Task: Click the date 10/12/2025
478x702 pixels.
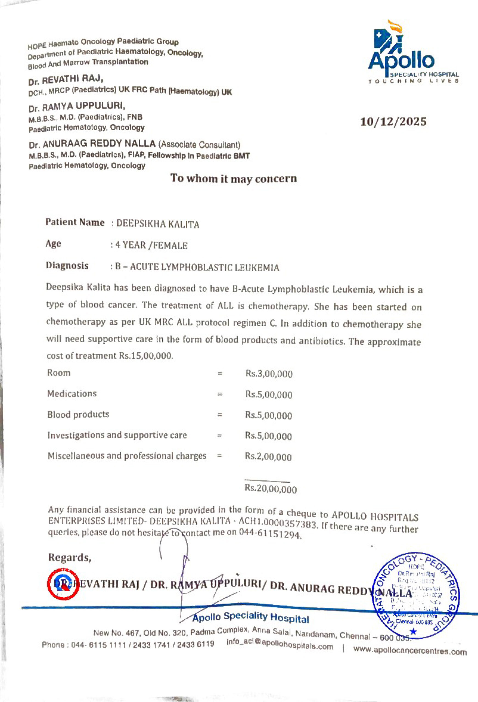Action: click(394, 122)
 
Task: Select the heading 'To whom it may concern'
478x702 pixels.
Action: click(234, 179)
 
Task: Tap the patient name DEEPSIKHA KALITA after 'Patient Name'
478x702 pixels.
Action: click(158, 224)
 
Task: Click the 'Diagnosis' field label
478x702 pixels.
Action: click(67, 265)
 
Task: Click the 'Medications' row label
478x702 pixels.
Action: click(72, 394)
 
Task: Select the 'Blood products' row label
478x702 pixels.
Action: click(78, 414)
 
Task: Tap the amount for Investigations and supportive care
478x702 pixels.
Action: click(268, 436)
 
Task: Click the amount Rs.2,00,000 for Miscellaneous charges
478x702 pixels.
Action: click(268, 457)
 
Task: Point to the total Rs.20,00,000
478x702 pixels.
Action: click(271, 489)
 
